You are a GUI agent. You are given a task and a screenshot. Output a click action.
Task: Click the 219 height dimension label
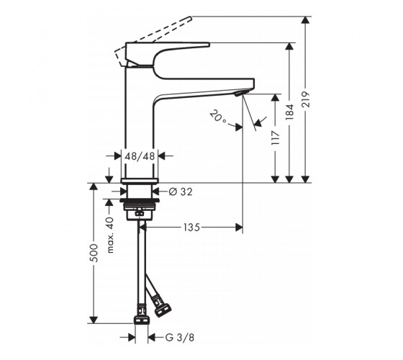[306, 99]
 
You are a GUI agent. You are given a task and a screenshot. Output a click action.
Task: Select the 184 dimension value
[289, 112]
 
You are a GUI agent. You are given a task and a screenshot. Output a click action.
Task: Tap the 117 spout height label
[275, 138]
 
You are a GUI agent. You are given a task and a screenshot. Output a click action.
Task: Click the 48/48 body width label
[140, 156]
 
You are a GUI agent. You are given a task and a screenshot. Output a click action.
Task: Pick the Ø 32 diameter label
[181, 192]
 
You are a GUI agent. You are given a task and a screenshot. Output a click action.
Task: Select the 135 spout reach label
[191, 228]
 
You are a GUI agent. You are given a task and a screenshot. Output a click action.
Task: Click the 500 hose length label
[94, 253]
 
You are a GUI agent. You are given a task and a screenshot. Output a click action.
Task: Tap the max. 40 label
[109, 235]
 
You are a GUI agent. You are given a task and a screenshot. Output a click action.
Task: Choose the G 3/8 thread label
[180, 338]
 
